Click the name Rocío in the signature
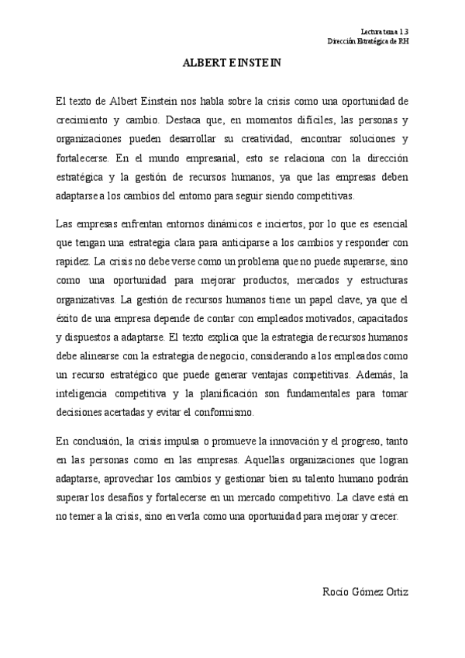pyautogui.click(x=336, y=592)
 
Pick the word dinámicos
pyautogui.click(x=229, y=225)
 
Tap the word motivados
pyautogui.click(x=312, y=319)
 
